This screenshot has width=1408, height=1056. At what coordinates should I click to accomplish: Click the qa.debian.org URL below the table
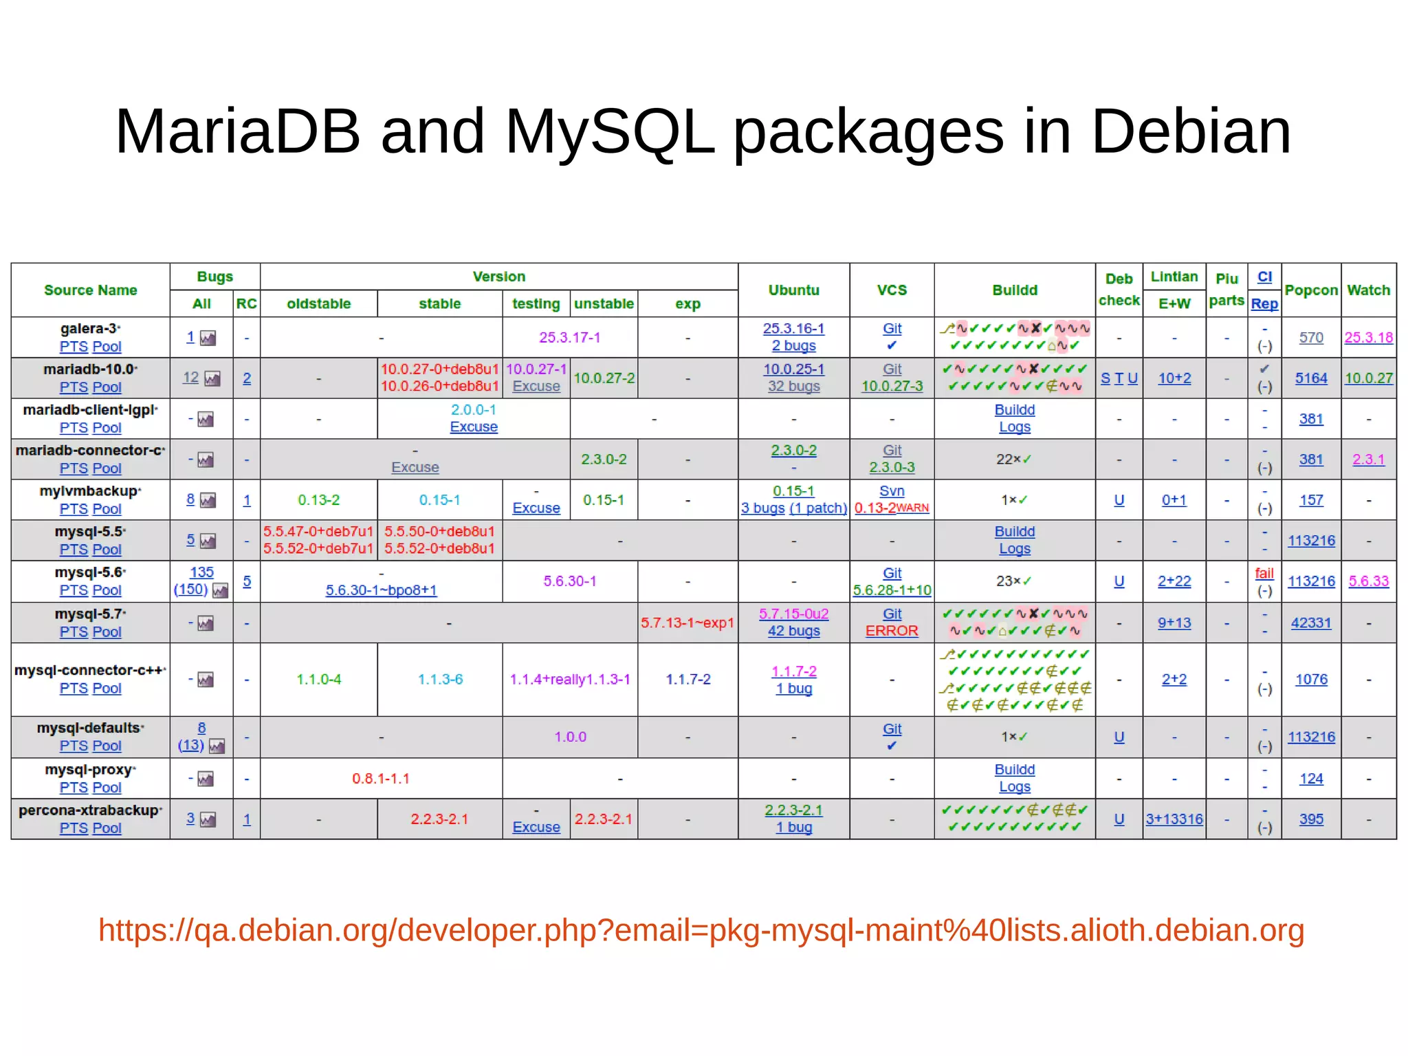(x=701, y=930)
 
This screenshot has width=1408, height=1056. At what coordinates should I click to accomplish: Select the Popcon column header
(x=1311, y=290)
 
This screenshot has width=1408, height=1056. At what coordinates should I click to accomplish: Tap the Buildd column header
(x=1014, y=290)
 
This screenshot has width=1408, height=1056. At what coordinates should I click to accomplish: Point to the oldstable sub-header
(x=318, y=304)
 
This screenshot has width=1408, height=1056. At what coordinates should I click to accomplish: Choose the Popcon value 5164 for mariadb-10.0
(x=1311, y=378)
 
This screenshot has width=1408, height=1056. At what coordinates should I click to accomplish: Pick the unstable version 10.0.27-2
(x=604, y=378)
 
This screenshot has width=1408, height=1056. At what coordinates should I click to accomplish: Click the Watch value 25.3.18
(x=1368, y=338)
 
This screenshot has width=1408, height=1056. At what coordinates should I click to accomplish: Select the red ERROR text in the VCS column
(x=892, y=631)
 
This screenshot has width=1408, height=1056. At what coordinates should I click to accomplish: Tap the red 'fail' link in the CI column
(x=1264, y=573)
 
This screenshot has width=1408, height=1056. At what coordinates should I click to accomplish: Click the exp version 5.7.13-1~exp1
(x=687, y=623)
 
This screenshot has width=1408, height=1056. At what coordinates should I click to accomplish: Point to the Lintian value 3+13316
(x=1174, y=819)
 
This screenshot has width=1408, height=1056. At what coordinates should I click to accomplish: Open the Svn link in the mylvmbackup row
(x=892, y=491)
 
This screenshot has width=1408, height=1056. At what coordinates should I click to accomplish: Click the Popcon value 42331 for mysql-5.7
(x=1311, y=623)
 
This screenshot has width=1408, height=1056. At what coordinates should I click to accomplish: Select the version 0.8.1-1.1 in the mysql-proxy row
(x=381, y=779)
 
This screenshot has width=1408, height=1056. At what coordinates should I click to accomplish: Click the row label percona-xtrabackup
(x=89, y=810)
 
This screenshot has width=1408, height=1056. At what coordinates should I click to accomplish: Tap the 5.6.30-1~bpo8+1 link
(x=381, y=590)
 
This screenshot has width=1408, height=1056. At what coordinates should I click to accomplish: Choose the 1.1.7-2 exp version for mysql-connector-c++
(x=687, y=680)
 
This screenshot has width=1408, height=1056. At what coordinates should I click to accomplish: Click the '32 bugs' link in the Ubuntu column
(x=793, y=387)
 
